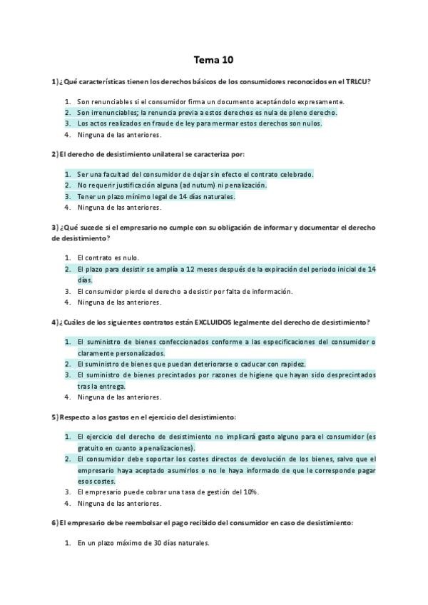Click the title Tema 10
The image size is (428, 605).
pos(213,60)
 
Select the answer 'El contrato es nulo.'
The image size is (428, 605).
pos(108,258)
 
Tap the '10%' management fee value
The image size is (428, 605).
pos(250,492)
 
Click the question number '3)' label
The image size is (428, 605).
pos(55,228)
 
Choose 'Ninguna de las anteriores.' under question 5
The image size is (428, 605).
pos(119,502)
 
